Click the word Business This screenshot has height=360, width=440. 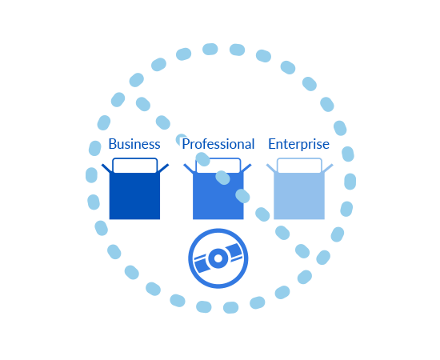134,144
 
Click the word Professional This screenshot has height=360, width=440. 218,144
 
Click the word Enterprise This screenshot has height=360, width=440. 299,145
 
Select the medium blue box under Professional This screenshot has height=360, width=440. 218,197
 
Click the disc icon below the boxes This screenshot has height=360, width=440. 218,258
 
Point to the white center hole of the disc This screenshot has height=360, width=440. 218,258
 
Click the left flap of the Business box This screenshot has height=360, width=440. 106,168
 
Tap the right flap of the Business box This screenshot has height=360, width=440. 163,168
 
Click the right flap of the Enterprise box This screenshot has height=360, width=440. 328,168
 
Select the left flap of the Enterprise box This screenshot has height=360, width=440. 270,168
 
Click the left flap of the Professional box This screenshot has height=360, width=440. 189,168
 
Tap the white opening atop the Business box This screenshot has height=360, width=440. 134,166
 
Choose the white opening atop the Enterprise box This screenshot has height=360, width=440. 299,166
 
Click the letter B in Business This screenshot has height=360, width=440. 113,144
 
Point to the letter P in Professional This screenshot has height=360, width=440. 186,144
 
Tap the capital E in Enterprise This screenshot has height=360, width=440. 272,144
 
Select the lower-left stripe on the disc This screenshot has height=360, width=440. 202,264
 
